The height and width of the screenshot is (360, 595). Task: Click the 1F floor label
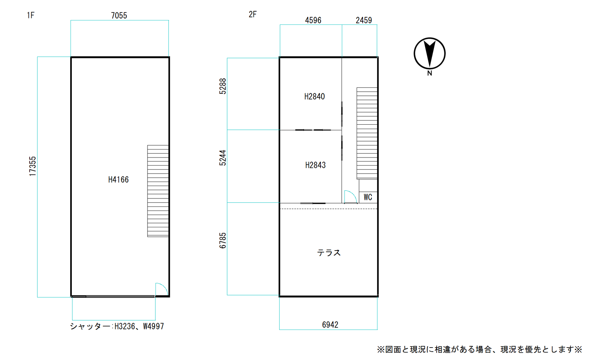tap(30, 15)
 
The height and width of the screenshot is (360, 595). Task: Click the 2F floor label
tap(252, 14)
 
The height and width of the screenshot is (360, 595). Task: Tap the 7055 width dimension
tap(119, 16)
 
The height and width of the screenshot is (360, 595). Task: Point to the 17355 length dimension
tap(32, 166)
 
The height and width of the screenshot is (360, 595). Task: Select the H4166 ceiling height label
tap(119, 180)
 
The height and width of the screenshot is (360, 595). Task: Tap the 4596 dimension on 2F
tap(313, 20)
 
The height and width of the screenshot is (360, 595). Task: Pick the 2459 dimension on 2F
tap(364, 20)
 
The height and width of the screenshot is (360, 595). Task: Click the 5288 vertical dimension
tap(223, 86)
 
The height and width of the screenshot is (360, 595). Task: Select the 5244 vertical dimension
tap(223, 158)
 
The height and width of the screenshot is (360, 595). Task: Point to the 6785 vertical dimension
tap(223, 241)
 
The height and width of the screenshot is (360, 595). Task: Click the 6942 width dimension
tap(330, 325)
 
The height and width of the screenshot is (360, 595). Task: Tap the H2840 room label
tap(315, 97)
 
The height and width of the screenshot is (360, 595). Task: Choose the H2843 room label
tap(315, 165)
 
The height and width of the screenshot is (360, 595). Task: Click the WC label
tap(368, 197)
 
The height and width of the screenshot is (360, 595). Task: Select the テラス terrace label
tap(329, 253)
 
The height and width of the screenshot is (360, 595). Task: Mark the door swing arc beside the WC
tap(353, 194)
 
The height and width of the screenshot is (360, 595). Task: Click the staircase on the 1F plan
tap(158, 191)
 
